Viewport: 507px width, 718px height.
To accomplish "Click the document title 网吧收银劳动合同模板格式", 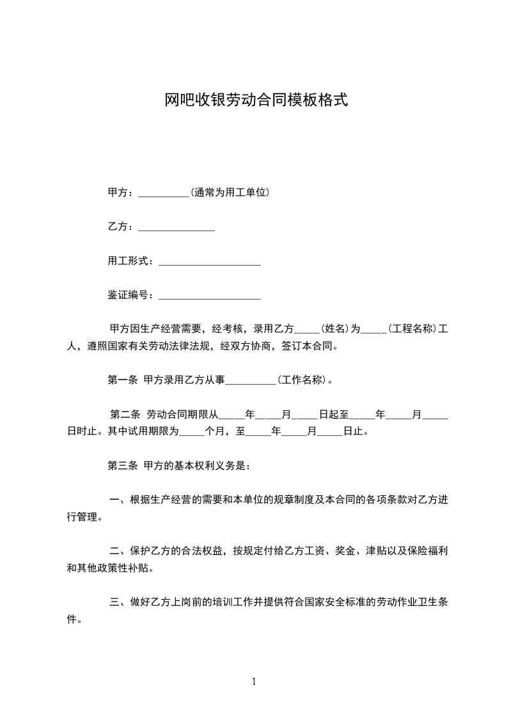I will click(x=256, y=100).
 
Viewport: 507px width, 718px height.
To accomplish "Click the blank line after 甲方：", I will click(x=164, y=193).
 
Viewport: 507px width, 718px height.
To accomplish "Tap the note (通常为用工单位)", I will click(x=229, y=191).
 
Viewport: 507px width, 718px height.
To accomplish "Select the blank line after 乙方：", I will click(x=176, y=227).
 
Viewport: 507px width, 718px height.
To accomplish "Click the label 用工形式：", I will click(x=130, y=261).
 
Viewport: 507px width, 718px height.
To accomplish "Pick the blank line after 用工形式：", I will click(x=209, y=262).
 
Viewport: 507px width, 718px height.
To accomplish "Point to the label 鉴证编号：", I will click(x=130, y=295).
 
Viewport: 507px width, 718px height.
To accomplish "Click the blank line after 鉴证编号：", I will click(x=209, y=297).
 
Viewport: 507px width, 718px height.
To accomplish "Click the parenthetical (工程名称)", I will click(x=412, y=329).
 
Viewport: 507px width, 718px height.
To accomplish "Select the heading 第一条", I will click(x=123, y=379).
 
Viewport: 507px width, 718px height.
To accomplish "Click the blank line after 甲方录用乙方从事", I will click(x=251, y=381).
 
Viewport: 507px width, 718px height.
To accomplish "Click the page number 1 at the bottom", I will click(x=254, y=682).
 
